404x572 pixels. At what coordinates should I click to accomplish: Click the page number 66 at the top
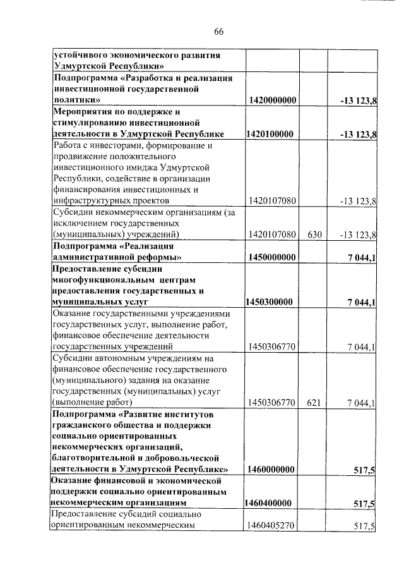coord(219,32)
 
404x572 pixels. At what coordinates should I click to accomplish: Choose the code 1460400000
coord(269,504)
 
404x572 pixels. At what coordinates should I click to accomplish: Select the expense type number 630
coord(315,235)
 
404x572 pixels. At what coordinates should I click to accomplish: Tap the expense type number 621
coord(315,403)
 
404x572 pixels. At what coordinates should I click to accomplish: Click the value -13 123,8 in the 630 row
coord(359,235)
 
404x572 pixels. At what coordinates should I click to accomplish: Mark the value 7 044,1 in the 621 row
coord(362,403)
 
